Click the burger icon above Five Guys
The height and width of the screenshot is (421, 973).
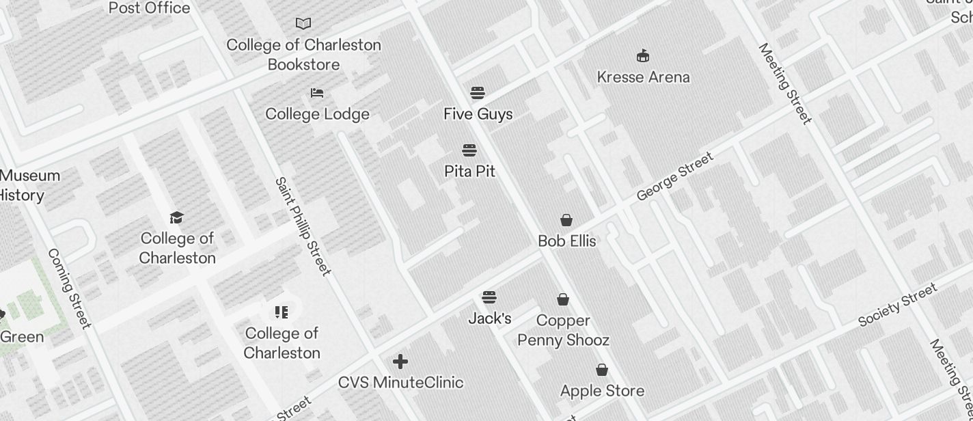pos(478,93)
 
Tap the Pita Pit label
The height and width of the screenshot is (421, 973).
pos(469,171)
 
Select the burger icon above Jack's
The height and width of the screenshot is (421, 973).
pos(489,297)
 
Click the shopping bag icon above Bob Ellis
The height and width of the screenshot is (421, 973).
pos(566,220)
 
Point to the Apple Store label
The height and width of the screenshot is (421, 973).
pos(602,391)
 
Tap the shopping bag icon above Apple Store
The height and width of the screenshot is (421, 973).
pos(602,370)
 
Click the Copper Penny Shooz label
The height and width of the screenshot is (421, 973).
pos(563,330)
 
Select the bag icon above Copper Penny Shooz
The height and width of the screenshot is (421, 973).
pos(563,299)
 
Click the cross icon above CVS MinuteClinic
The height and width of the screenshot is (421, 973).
pos(400,362)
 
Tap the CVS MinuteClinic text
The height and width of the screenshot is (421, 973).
pos(400,383)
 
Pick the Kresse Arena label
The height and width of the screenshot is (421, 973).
pos(643,77)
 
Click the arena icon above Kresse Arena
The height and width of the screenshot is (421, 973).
pos(643,55)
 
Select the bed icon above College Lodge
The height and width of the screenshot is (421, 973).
pos(317,93)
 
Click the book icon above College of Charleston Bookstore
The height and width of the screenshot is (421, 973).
pos(303,23)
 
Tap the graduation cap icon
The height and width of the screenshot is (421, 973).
pos(177,217)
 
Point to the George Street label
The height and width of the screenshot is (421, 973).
pos(674,176)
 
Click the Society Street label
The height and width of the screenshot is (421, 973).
pos(897,305)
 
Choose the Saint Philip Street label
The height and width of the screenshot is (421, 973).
pos(303,227)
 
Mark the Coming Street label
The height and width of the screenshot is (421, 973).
pos(68,288)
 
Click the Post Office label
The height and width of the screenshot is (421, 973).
pos(149,8)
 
